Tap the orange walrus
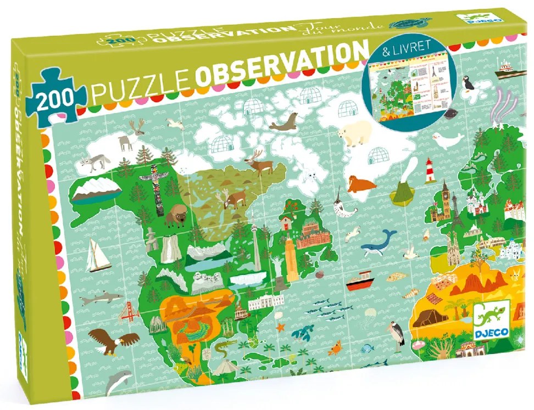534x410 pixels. pyautogui.click(x=360, y=184)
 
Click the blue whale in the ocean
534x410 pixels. pyautogui.click(x=379, y=240)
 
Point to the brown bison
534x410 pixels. pyautogui.click(x=176, y=215)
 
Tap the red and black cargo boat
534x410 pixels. pyautogui.click(x=360, y=284)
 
